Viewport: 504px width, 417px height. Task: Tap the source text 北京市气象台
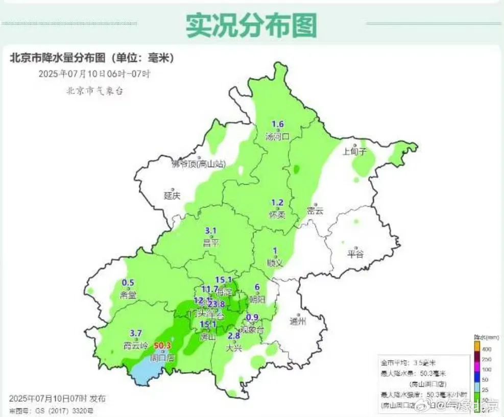pos(94,91)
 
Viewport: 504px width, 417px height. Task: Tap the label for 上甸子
pos(355,151)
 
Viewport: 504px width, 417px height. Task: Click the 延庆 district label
pos(173,195)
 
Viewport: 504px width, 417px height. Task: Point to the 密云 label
pos(315,210)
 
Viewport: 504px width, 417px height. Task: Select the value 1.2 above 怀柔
pos(277,203)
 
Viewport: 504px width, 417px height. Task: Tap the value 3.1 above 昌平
pos(211,231)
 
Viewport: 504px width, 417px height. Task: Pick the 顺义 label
pos(275,262)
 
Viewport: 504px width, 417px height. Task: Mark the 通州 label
pos(297,322)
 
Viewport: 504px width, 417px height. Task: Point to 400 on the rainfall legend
pos(487,349)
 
